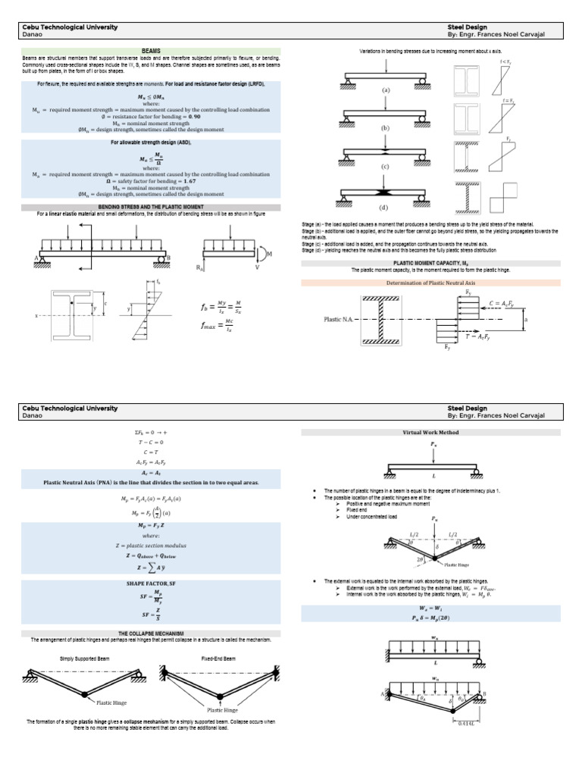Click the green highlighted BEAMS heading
(150, 51)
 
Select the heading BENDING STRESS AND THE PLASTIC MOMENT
(150, 207)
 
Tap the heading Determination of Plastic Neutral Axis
(430, 283)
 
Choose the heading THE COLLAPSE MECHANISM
(150, 633)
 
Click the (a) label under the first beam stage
(386, 89)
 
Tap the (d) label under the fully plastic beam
(386, 207)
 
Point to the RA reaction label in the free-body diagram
(201, 268)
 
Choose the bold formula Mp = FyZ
(150, 524)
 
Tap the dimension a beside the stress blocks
(527, 321)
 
